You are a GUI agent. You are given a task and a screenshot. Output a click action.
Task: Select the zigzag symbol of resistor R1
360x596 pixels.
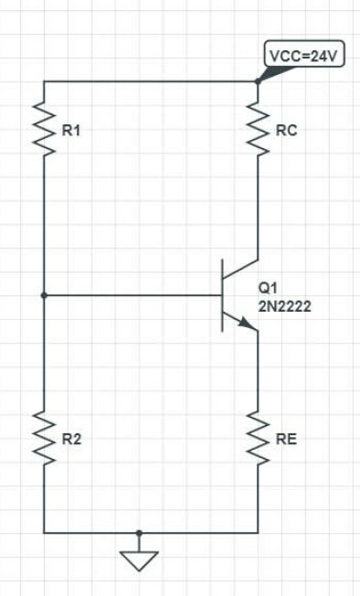44,131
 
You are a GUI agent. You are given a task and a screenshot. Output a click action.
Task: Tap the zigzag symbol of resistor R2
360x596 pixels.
44,439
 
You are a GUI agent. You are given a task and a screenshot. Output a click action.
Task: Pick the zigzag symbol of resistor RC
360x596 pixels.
258,131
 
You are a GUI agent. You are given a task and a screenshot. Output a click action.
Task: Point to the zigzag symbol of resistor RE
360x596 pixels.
258,439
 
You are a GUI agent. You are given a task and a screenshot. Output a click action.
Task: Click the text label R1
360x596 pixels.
71,132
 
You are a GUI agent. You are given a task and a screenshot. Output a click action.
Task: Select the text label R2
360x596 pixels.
71,440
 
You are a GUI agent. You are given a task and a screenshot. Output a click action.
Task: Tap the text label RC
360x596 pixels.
286,132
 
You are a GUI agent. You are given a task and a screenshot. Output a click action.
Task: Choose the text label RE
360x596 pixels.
286,440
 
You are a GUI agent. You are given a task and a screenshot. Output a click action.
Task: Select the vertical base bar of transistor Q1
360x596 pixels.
223,295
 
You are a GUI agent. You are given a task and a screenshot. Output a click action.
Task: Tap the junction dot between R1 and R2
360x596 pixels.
44,295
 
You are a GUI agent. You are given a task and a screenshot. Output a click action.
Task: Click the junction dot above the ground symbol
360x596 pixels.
138,532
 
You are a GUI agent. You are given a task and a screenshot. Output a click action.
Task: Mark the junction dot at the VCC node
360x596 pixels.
258,80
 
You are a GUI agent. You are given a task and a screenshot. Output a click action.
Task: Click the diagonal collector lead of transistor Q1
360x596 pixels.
241,271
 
